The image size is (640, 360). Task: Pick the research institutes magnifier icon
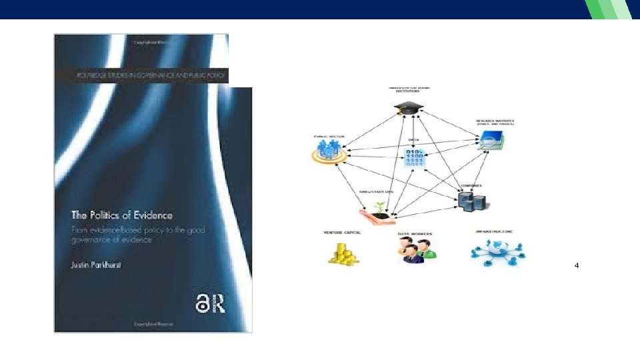point(491,140)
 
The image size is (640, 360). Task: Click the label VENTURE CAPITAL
point(341,233)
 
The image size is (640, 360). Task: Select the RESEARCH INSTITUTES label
point(490,122)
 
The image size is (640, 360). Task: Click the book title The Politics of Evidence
point(122,215)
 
